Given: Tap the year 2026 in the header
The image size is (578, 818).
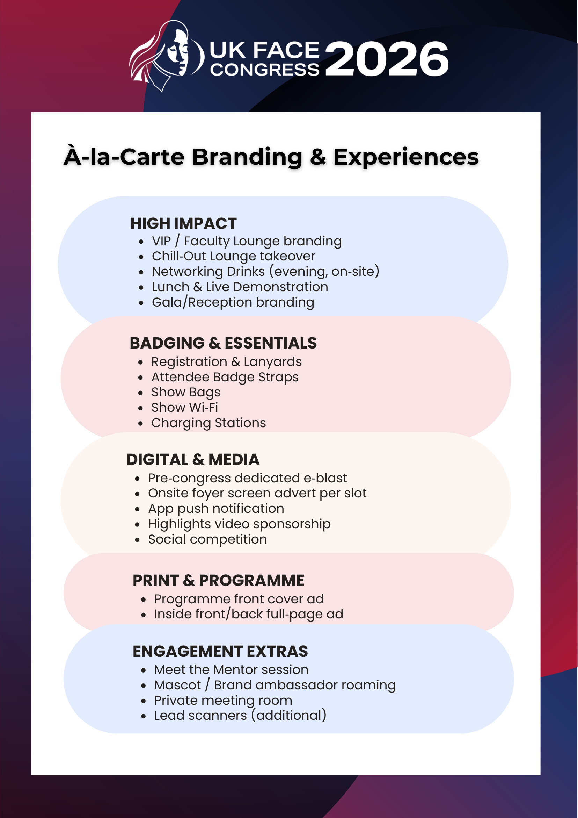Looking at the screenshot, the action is coord(387,59).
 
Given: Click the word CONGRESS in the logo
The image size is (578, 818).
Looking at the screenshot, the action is coord(265,70).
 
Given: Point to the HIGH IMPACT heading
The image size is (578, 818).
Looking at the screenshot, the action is coord(183,224).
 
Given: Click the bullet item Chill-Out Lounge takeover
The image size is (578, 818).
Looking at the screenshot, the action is coord(234,256).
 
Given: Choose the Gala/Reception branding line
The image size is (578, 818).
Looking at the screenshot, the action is coord(233,302).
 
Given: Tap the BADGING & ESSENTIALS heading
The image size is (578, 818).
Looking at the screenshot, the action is coord(223,343).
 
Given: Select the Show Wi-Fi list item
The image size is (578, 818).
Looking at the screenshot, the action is coord(185,407).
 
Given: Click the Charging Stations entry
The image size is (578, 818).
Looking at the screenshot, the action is coord(208,423).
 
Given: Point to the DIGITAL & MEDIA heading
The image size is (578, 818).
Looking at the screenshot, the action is coord(193,460).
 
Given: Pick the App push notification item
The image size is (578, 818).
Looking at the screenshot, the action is coord(216,509).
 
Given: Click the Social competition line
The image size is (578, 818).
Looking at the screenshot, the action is coord(207,539).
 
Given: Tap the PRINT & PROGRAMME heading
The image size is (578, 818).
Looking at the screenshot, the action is coord(219,580).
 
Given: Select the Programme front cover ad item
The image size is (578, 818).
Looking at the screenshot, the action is coord(239,599).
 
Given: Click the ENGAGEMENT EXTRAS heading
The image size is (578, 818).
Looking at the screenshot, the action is coord(220,651).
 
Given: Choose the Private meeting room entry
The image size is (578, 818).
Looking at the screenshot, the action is coord(223,701).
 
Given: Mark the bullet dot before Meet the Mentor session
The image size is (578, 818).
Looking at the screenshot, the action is coord(144,670).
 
